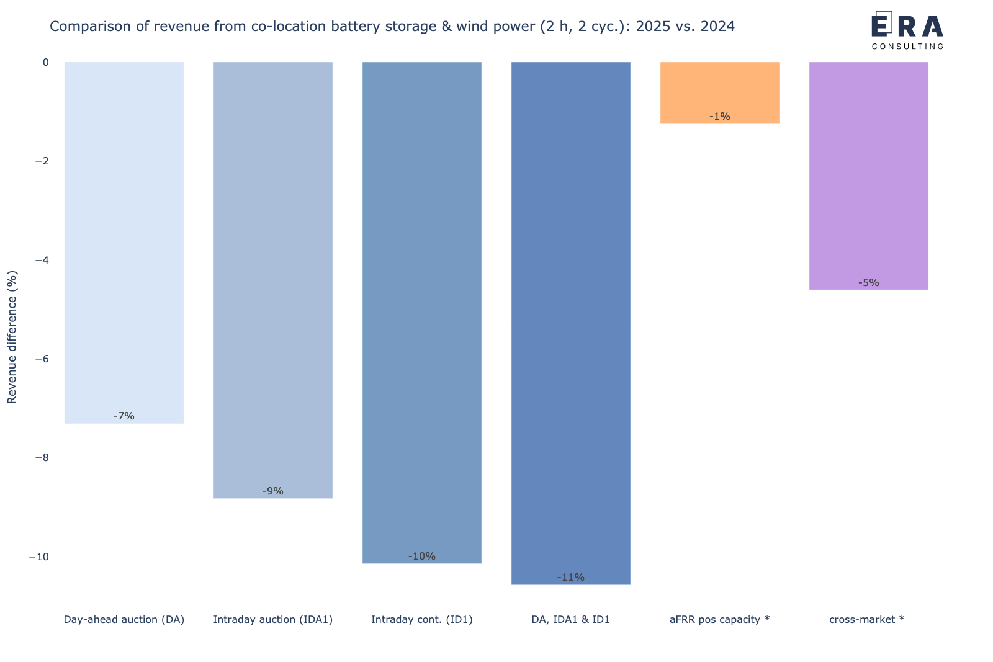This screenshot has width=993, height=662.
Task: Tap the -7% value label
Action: click(124, 416)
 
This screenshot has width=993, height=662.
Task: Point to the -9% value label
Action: click(273, 491)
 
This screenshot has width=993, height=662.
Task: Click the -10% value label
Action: click(422, 557)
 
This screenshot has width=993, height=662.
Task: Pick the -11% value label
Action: click(571, 578)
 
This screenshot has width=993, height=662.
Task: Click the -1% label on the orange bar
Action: click(720, 117)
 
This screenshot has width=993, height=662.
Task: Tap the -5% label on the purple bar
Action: click(869, 283)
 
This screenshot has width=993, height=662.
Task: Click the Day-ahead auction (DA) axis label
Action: click(124, 619)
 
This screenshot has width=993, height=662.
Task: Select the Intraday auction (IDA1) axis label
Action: click(273, 619)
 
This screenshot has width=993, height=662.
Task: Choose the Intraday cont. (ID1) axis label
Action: click(422, 619)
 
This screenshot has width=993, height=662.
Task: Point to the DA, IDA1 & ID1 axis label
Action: click(571, 619)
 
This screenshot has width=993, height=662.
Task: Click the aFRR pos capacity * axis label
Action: click(720, 619)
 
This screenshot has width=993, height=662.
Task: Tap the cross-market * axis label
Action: click(867, 619)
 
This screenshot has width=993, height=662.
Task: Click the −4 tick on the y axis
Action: click(42, 260)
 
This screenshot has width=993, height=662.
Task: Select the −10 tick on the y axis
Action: click(39, 557)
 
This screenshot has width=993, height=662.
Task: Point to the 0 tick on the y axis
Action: click(45, 62)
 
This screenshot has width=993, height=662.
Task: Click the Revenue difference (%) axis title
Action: click(12, 338)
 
